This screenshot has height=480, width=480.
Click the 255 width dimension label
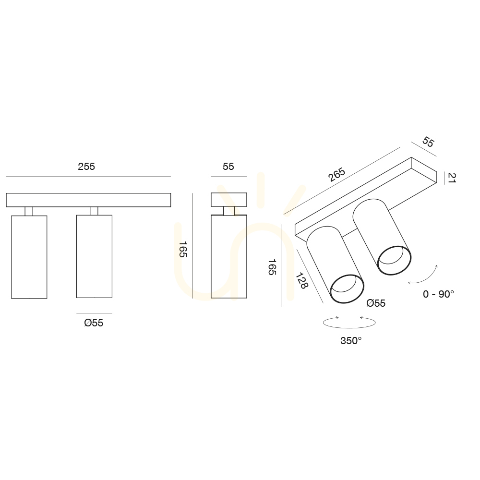[x=86, y=167]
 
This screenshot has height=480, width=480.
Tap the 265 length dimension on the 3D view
[x=337, y=175]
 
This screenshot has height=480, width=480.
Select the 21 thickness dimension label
[x=452, y=178]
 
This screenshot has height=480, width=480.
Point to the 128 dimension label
[x=301, y=280]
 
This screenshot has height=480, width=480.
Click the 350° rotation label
[x=351, y=340]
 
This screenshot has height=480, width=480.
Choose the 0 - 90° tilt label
[x=438, y=294]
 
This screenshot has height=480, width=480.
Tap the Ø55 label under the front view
[x=94, y=323]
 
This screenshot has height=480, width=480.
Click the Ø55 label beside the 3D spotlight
[x=376, y=303]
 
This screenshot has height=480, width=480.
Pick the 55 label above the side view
[x=228, y=167]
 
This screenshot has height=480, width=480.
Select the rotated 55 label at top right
[x=428, y=142]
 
